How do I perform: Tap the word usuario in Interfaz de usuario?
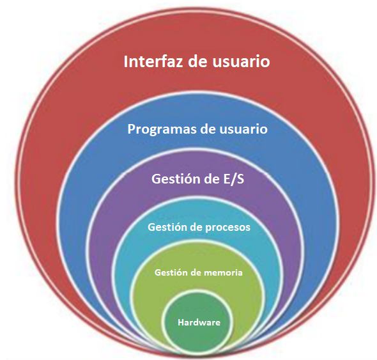pyautogui.click(x=241, y=61)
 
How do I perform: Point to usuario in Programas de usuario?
pyautogui.click(x=243, y=129)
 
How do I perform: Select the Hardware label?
pyautogui.click(x=199, y=322)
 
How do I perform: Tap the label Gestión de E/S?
pyautogui.click(x=198, y=179)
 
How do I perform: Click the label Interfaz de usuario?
pyautogui.click(x=197, y=61)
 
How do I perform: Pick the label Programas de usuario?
pyautogui.click(x=197, y=129)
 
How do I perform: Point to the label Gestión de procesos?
pyautogui.click(x=199, y=228)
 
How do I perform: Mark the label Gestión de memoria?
pyautogui.click(x=199, y=273)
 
